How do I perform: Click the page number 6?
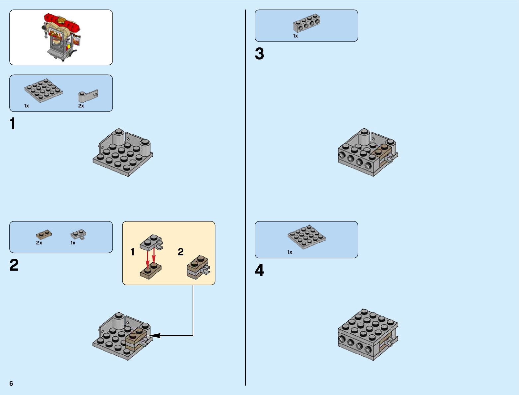(11, 383)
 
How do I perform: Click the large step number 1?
(13, 124)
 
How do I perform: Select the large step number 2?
(14, 265)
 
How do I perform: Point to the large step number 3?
(259, 54)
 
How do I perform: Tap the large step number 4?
(259, 270)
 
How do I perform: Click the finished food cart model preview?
(61, 37)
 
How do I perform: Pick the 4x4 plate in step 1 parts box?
(43, 90)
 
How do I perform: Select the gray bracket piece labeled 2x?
(88, 96)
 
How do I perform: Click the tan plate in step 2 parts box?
(44, 235)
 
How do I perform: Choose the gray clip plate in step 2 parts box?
(79, 235)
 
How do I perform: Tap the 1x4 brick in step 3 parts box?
(306, 23)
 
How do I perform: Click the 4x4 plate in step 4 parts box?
(306, 237)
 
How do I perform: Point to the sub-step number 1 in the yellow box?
(133, 252)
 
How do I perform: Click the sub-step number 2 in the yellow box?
(180, 252)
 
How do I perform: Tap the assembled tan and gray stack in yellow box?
(198, 267)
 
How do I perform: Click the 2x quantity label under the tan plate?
(39, 243)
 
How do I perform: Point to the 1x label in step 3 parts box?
(295, 36)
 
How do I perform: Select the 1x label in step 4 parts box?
(290, 252)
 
